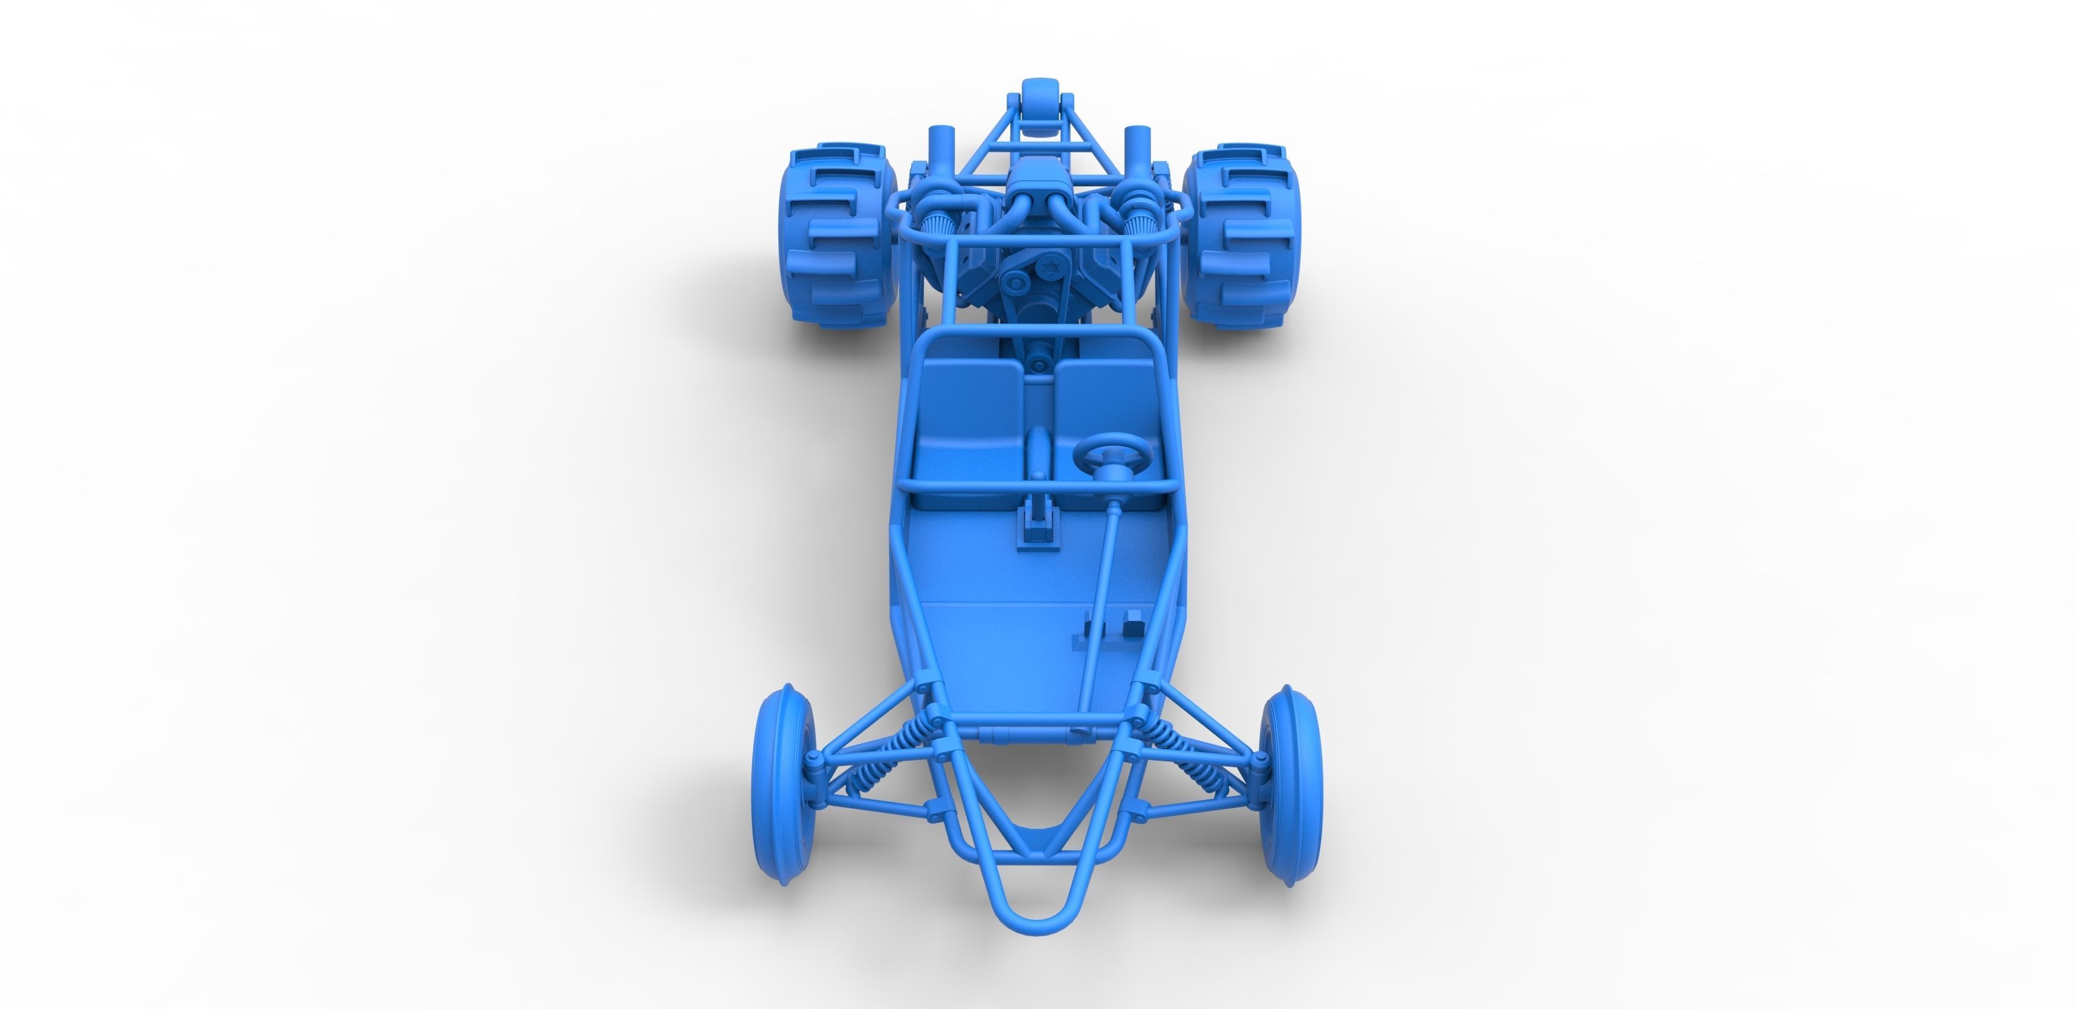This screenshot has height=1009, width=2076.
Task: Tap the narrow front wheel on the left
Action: pos(782,786)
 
